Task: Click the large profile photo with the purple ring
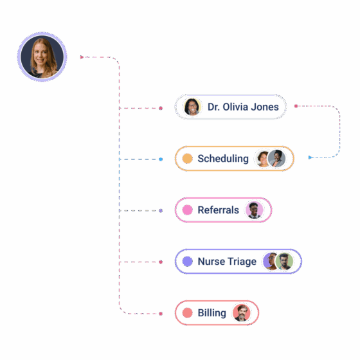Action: (42, 57)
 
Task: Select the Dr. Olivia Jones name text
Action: (243, 107)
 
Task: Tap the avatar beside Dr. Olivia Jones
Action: (192, 107)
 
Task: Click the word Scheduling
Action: (223, 159)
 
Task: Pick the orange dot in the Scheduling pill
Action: (187, 159)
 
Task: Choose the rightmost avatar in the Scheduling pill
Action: (276, 159)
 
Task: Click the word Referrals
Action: (218, 210)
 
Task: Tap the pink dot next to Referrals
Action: (187, 210)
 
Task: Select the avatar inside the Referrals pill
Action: (254, 210)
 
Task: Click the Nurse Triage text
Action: (227, 262)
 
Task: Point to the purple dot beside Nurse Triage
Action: (187, 262)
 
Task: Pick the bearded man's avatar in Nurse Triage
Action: (284, 262)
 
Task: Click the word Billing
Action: (212, 313)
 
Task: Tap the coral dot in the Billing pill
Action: (187, 313)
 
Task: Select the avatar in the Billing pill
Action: (241, 313)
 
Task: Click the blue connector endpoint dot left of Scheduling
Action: (161, 159)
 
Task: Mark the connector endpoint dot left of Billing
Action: (161, 314)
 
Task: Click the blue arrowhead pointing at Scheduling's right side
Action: (310, 157)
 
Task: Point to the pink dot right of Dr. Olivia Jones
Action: (296, 106)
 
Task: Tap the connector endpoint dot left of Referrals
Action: (161, 211)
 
